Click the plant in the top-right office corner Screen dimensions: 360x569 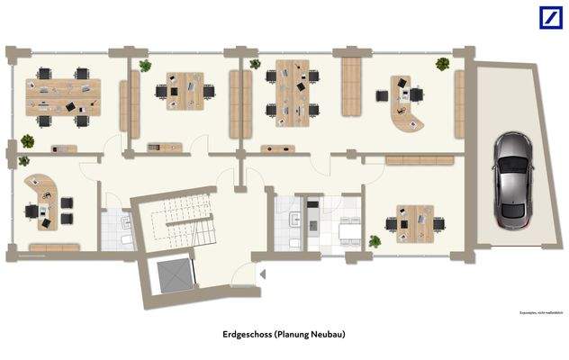coord(442,64)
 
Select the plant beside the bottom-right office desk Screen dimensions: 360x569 coord(375,241)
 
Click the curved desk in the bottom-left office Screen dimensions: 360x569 coord(45,193)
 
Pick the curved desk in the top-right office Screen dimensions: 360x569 coord(403,106)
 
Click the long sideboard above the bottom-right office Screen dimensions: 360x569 coord(419,160)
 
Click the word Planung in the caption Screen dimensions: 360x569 coord(292,335)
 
